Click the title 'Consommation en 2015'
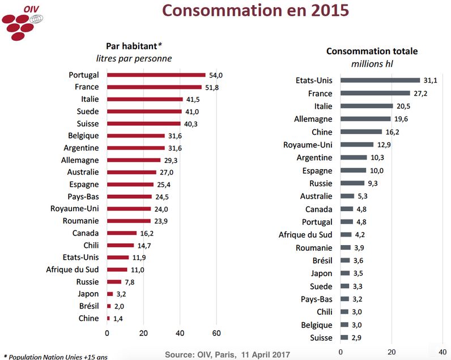pyautogui.click(x=252, y=11)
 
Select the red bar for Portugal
pyautogui.click(x=156, y=75)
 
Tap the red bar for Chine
pyautogui.click(x=108, y=319)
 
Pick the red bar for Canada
pyautogui.click(x=122, y=233)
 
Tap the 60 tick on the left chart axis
pyautogui.click(x=216, y=333)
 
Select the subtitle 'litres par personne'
pyautogui.click(x=134, y=58)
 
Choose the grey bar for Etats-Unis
pyautogui.click(x=380, y=80)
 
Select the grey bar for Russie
pyautogui.click(x=352, y=183)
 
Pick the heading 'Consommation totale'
pyautogui.click(x=372, y=51)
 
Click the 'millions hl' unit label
pyautogui.click(x=372, y=64)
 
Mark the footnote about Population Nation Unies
pyautogui.click(x=55, y=357)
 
